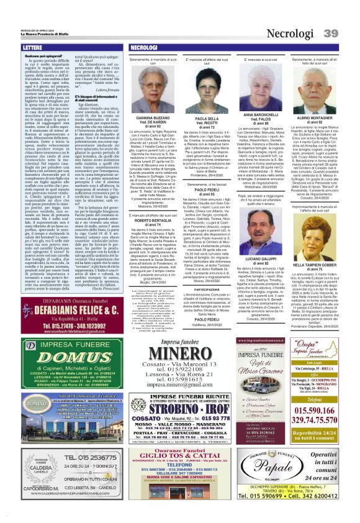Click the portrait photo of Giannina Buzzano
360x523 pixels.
pos(152,91)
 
